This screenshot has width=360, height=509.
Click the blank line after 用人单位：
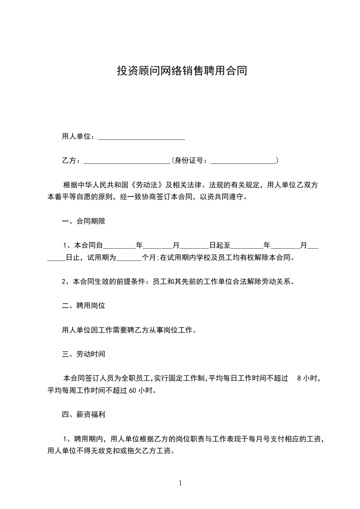(142, 137)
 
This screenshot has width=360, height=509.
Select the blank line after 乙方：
(127, 161)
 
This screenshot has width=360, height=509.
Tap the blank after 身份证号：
(244, 161)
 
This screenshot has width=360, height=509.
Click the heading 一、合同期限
(84, 222)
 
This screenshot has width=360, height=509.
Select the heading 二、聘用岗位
(84, 306)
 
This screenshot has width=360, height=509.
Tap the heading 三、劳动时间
(84, 354)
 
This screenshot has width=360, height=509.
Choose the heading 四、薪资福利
(84, 414)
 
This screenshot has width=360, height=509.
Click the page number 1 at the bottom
(180, 483)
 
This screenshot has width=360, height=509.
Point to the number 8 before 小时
(298, 378)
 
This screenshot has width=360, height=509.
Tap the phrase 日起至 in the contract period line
(220, 246)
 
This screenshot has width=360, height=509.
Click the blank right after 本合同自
(120, 246)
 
